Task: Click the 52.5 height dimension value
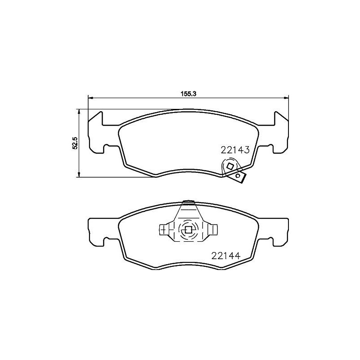[76, 143]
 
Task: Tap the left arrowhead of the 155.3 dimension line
[90, 98]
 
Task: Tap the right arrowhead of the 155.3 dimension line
[286, 98]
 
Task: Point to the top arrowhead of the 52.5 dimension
[79, 111]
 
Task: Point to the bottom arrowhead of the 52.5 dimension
[79, 175]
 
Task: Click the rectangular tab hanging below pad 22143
[238, 177]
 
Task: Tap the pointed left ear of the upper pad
[95, 117]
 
